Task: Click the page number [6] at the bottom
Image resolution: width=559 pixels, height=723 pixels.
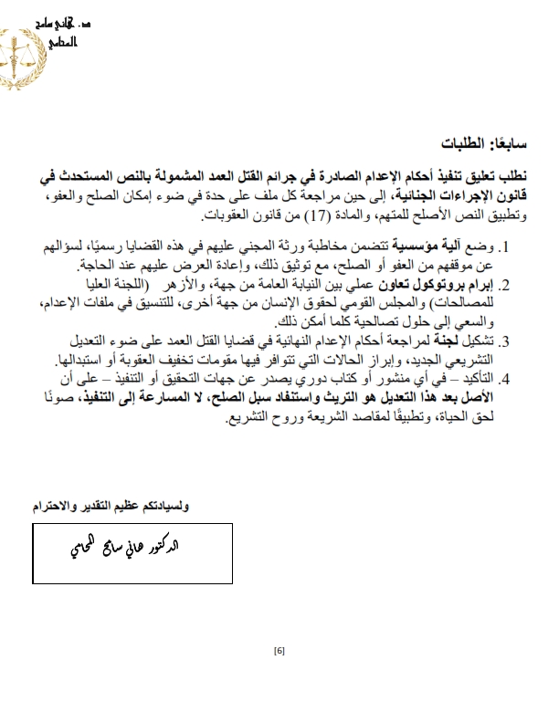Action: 279,651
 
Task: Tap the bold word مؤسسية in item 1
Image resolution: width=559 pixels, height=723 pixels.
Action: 445,247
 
